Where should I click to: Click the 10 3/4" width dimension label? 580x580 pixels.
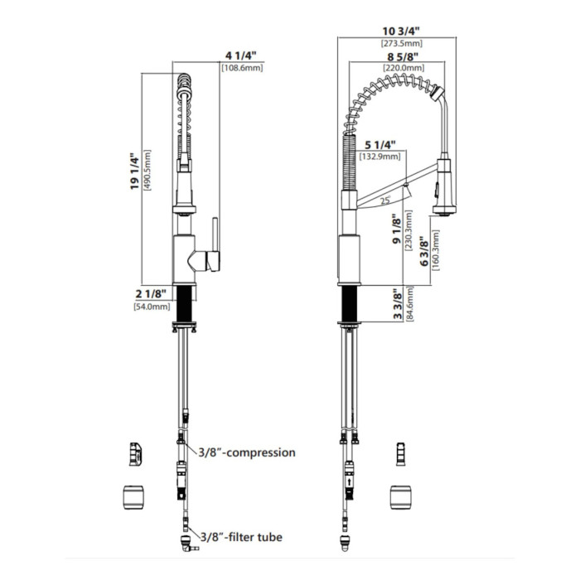pos(401,31)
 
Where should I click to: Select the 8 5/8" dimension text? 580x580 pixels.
pos(403,56)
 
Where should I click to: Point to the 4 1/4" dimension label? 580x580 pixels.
pos(241,56)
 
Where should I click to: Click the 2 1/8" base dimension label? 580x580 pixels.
pos(151,294)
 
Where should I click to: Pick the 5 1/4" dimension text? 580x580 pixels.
pos(380,144)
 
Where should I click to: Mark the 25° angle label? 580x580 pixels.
pos(386,201)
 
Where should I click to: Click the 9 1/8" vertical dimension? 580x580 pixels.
pos(397,229)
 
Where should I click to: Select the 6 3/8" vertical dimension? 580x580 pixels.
pos(424,251)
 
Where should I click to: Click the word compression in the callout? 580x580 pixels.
pos(261,452)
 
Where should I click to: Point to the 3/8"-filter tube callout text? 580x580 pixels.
pos(242,537)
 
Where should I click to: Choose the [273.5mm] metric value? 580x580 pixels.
pos(402,44)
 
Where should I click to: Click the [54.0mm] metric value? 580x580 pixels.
pos(152,307)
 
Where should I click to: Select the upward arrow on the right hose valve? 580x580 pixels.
pos(349,482)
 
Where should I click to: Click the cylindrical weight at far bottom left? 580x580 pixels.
pos(133,497)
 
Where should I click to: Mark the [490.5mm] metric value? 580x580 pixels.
pos(147,170)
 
